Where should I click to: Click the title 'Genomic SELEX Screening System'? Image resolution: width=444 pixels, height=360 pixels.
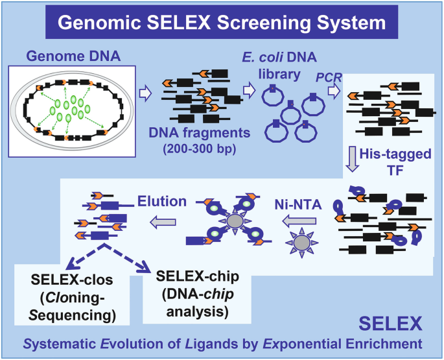pos(220,23)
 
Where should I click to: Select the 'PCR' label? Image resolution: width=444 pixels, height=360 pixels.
pos(327,78)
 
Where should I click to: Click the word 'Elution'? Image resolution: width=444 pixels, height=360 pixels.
pos(161,201)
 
